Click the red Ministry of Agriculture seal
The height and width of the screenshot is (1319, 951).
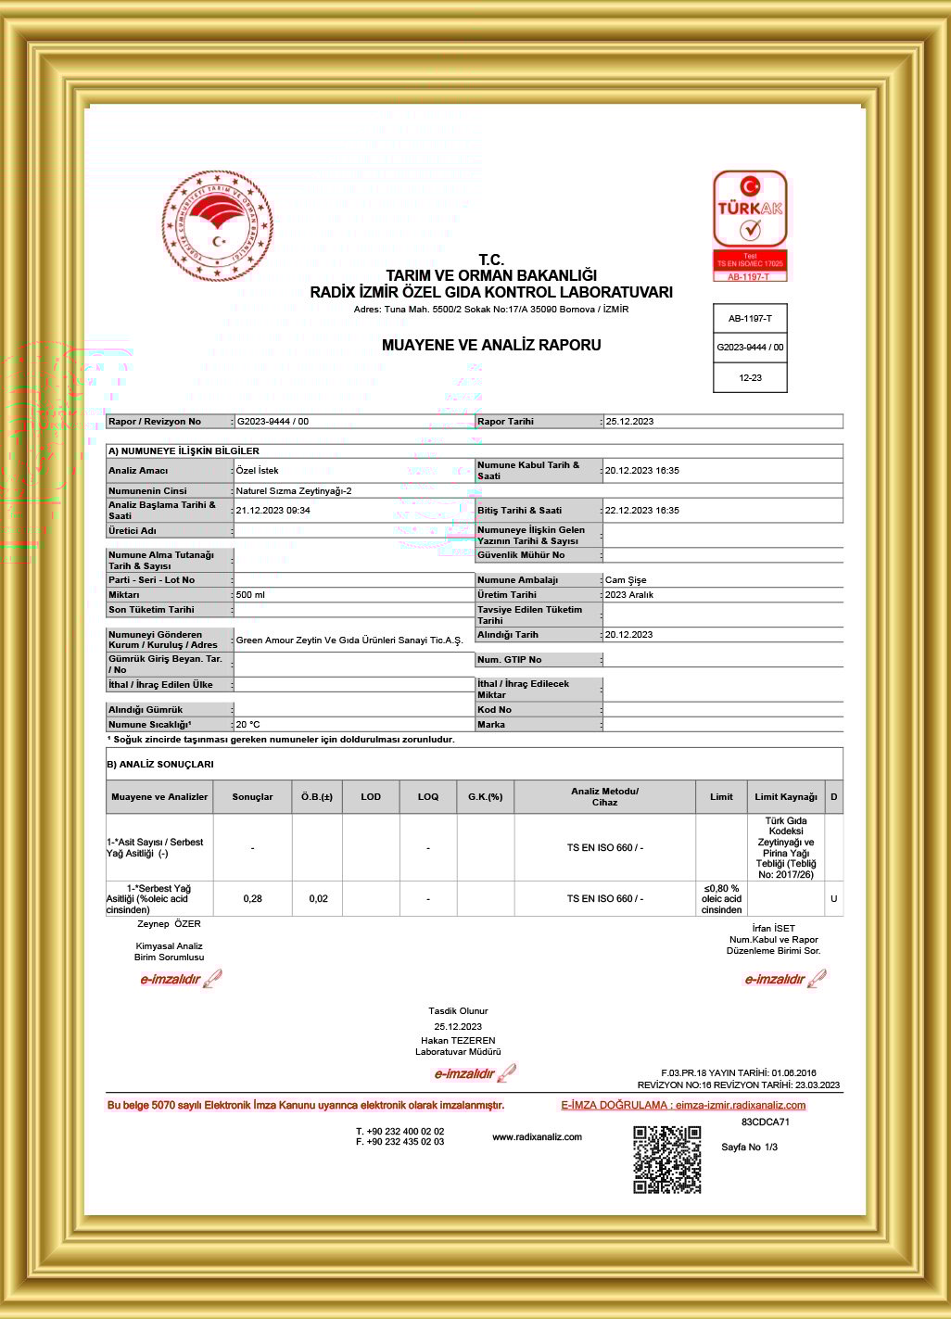[x=218, y=225]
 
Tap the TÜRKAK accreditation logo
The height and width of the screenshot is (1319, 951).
[x=750, y=225]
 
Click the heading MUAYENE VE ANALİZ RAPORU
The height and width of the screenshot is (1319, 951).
[x=491, y=345]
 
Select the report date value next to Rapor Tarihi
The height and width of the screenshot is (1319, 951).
[x=629, y=422]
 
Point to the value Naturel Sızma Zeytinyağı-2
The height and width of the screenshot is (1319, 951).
[x=294, y=490]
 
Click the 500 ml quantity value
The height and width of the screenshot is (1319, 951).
[x=250, y=595]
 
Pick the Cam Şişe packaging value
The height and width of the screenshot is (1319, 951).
[x=626, y=580]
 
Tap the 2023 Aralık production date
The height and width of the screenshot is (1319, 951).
[x=629, y=595]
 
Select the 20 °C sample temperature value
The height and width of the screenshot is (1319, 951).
[x=247, y=725]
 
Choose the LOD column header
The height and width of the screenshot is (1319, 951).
[x=371, y=797]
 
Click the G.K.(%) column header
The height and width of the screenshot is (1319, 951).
[x=485, y=797]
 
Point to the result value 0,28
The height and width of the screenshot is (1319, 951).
[x=252, y=899]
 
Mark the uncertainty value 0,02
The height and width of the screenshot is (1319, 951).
[x=318, y=899]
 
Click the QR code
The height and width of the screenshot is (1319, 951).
[x=667, y=1160]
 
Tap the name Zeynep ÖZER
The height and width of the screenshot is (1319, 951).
[x=169, y=924]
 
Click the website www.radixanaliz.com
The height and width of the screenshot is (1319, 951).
[x=537, y=1137]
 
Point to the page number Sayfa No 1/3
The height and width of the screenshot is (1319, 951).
[x=749, y=1148]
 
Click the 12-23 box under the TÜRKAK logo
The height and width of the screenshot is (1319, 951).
[x=750, y=378]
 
